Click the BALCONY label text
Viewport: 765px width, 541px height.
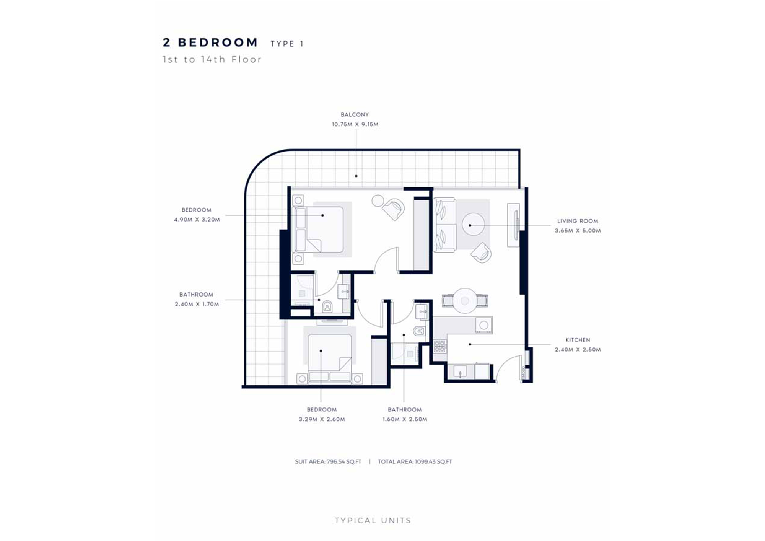pyautogui.click(x=355, y=114)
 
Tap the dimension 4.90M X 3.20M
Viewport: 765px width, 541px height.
pyautogui.click(x=197, y=220)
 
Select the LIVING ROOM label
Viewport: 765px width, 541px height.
pyautogui.click(x=577, y=221)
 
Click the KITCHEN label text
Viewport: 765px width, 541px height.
pyautogui.click(x=578, y=340)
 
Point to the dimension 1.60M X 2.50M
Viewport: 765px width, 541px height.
pyautogui.click(x=405, y=419)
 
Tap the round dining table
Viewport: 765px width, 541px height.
pyautogui.click(x=465, y=301)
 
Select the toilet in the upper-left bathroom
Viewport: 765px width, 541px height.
pyautogui.click(x=327, y=306)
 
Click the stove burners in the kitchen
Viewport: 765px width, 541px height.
pyautogui.click(x=440, y=346)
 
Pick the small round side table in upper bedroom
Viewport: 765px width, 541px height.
pyautogui.click(x=378, y=200)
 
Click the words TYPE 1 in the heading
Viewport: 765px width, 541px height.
pyautogui.click(x=287, y=44)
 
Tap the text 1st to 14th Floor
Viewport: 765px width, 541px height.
pyautogui.click(x=212, y=60)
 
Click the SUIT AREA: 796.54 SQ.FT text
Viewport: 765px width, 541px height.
pyautogui.click(x=328, y=461)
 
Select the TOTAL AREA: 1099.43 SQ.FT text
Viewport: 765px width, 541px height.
pyautogui.click(x=415, y=461)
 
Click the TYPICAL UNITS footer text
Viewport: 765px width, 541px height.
pyautogui.click(x=373, y=520)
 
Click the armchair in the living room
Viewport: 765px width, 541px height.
pyautogui.click(x=481, y=253)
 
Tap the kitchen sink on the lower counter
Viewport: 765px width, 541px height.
pyautogui.click(x=460, y=371)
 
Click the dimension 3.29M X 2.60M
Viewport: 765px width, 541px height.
pyautogui.click(x=322, y=419)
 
